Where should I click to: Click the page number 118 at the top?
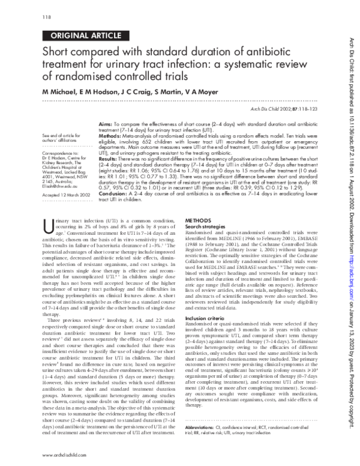[x=46, y=16]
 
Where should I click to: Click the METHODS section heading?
[x=200, y=220]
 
